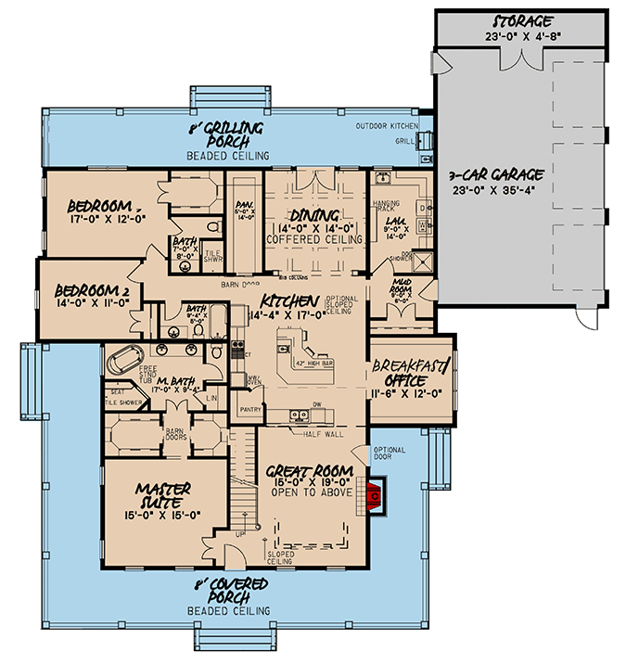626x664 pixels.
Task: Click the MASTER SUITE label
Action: point(163,489)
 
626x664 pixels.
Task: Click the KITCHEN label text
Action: point(289,302)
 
